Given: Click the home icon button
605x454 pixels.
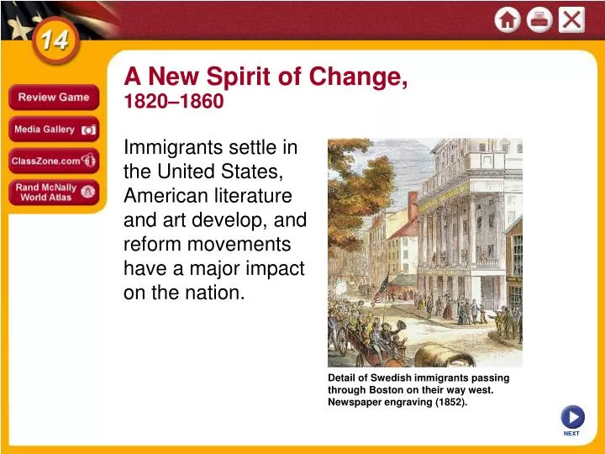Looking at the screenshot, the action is tap(508, 19).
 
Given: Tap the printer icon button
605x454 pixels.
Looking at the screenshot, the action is tap(539, 19).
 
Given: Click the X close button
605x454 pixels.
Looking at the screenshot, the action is tap(571, 19).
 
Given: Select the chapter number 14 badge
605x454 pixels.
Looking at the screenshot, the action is tap(55, 40).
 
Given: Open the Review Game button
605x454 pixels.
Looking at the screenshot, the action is tap(54, 98).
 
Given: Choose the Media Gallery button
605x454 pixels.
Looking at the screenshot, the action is tap(54, 129).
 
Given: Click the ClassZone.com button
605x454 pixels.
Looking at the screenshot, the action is tap(54, 161).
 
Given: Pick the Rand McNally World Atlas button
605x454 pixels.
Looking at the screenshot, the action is tap(54, 193).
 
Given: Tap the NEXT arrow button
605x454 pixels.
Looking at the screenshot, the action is tap(572, 417).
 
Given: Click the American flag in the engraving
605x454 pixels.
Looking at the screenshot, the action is tap(381, 290).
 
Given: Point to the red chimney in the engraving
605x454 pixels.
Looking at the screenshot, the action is tap(413, 205).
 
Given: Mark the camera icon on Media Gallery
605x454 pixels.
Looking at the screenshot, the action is tap(88, 130).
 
